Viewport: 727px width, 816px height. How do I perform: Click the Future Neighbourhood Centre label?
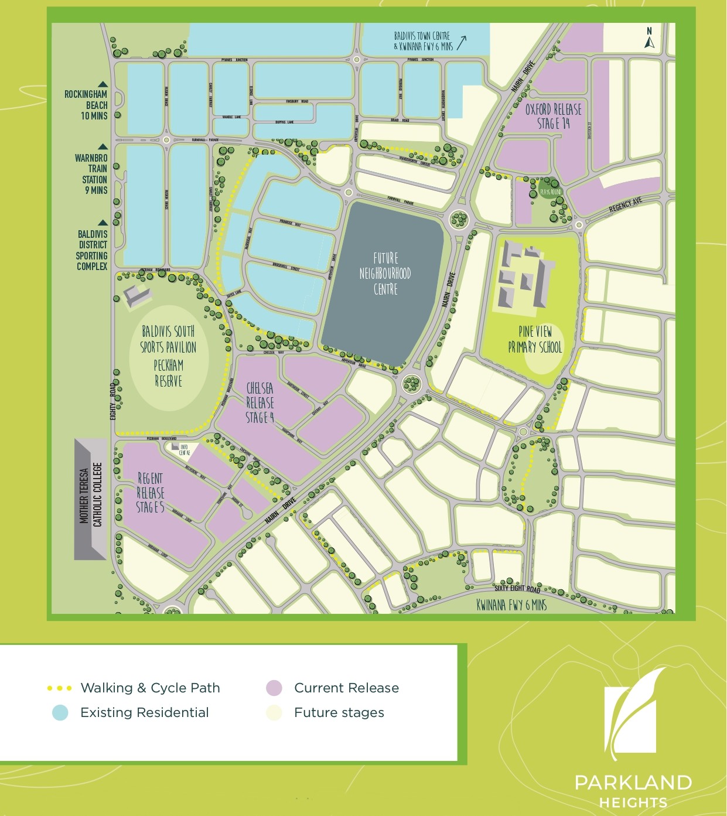pyautogui.click(x=385, y=274)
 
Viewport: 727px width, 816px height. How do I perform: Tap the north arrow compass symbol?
pyautogui.click(x=649, y=38)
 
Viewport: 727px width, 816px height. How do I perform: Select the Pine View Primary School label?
pyautogui.click(x=535, y=340)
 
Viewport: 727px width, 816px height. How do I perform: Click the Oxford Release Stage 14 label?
pyautogui.click(x=553, y=116)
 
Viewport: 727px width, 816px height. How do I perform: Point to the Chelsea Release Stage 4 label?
pyautogui.click(x=260, y=402)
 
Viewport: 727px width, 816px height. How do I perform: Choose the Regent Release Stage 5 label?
pyautogui.click(x=150, y=493)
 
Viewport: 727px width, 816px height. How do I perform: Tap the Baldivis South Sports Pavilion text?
pyautogui.click(x=168, y=339)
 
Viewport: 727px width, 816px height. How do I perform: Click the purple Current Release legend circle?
pyautogui.click(x=274, y=688)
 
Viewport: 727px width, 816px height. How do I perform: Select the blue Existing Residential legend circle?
pyautogui.click(x=60, y=712)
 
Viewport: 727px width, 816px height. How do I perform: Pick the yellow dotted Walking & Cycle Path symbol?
pyautogui.click(x=60, y=688)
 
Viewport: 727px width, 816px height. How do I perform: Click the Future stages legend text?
pyautogui.click(x=339, y=712)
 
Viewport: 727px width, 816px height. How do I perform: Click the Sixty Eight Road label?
pyautogui.click(x=517, y=588)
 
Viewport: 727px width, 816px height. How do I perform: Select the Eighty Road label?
pyautogui.click(x=113, y=401)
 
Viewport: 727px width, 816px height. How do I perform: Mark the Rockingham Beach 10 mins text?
pyautogui.click(x=86, y=105)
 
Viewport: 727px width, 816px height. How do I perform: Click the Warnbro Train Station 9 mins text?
pyautogui.click(x=91, y=174)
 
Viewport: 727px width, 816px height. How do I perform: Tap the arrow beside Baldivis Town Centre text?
pyautogui.click(x=462, y=42)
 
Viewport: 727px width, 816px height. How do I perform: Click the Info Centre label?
pyautogui.click(x=184, y=450)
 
